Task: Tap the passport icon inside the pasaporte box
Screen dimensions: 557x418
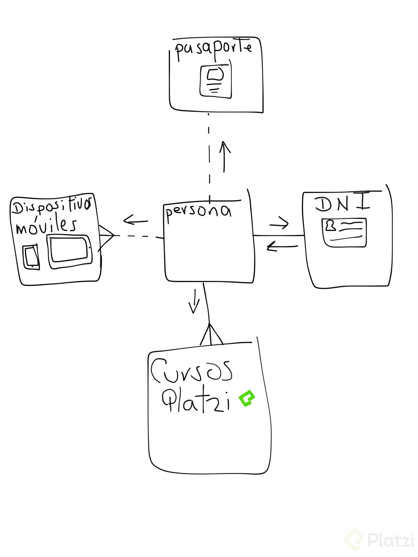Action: coord(216,81)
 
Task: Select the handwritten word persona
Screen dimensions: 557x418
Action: coord(198,212)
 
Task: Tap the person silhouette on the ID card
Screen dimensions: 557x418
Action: coord(331,226)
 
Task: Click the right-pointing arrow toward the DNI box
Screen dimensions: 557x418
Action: coord(279,224)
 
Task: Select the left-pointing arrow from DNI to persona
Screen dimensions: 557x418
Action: coord(282,247)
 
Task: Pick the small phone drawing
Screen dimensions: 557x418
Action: coord(31,257)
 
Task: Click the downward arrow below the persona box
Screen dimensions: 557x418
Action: coord(194,301)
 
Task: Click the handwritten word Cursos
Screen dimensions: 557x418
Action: coord(192,371)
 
